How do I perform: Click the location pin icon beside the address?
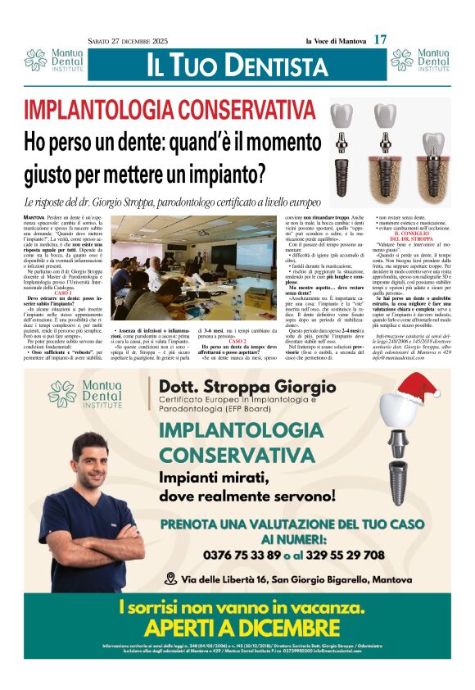point(170,579)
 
